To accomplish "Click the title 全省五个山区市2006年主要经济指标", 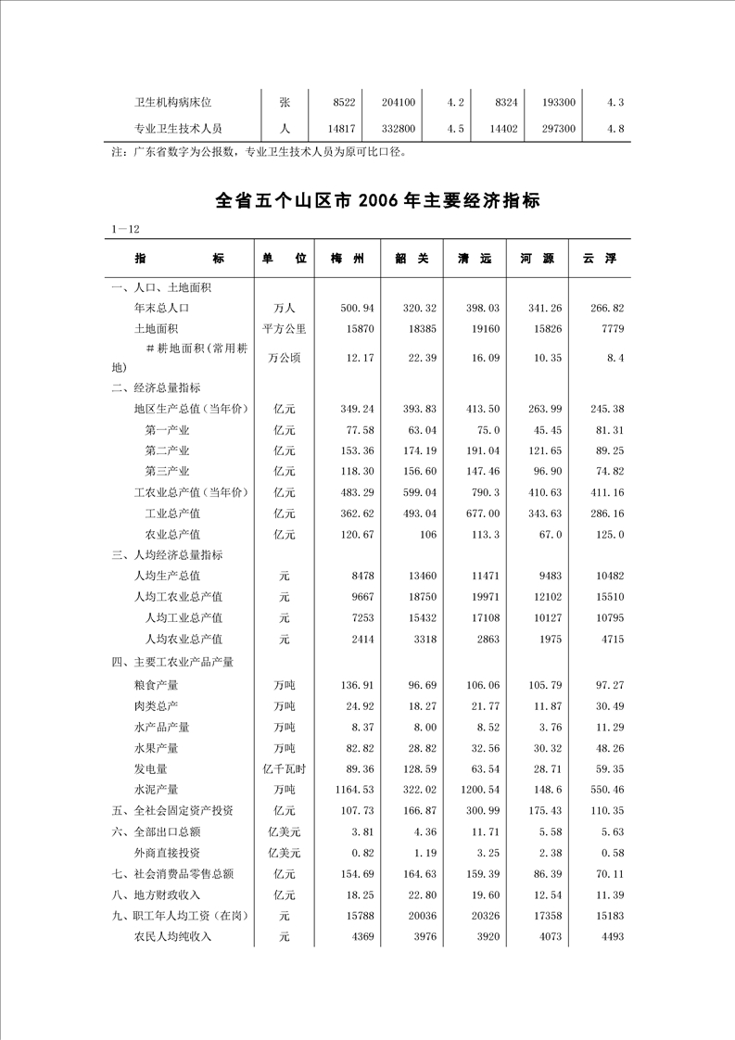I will point(377,200).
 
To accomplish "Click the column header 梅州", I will point(347,260).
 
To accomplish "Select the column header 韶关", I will point(411,260).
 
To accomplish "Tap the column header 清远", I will point(474,260).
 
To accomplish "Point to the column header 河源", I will point(537,260).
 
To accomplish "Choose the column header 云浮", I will point(599,260).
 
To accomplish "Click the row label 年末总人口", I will point(162,307).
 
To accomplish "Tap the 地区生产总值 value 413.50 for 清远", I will point(482,409).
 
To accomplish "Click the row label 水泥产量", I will point(157,790).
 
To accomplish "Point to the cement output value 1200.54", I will point(479,790).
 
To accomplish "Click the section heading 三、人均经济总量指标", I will point(166,554).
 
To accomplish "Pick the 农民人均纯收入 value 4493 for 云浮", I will point(610,937).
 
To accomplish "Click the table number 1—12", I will point(124,229).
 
